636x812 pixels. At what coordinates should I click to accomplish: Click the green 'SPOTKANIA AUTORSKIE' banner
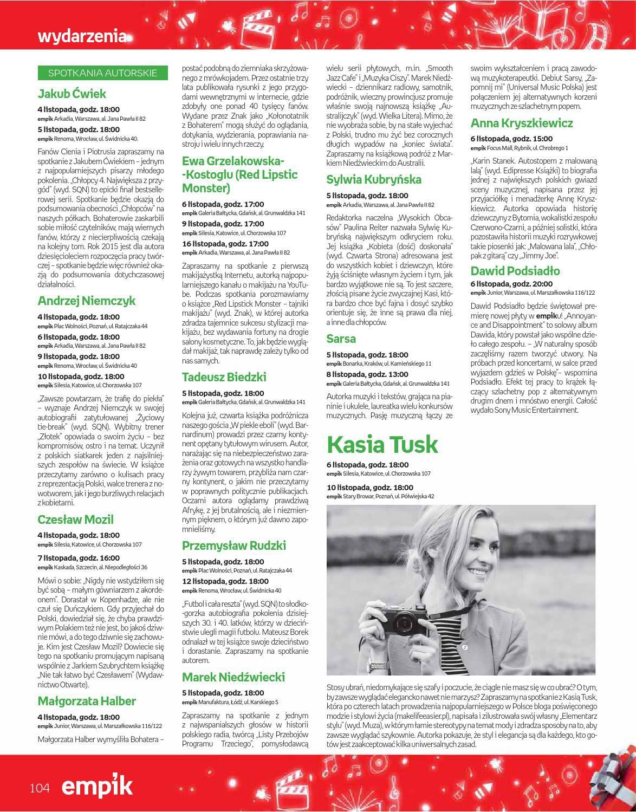pos(103,73)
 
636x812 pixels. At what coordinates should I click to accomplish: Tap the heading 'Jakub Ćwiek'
pos(72,93)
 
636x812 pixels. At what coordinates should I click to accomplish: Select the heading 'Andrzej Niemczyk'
pos(87,301)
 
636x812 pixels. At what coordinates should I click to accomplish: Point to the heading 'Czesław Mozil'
pos(76,519)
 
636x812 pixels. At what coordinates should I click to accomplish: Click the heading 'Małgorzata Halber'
pos(87,701)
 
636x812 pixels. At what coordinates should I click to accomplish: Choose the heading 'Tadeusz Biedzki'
pos(224,377)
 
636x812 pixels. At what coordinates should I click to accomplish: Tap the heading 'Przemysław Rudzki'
pos(234,545)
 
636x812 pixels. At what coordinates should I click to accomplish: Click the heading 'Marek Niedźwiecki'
pos(233,677)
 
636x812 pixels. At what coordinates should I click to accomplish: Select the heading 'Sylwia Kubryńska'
pos(374,179)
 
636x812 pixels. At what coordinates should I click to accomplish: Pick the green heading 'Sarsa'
pos(341,339)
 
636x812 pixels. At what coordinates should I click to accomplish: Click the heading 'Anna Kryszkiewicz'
pos(522,123)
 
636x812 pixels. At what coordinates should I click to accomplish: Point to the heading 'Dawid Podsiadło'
pos(515,271)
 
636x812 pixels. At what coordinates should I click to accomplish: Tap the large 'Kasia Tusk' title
pos(382,444)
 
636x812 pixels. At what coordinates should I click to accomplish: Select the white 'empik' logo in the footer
pos(97,786)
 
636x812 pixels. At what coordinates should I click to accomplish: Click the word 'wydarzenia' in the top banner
pos(82,36)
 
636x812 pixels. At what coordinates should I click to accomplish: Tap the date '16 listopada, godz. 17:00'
pos(225,244)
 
